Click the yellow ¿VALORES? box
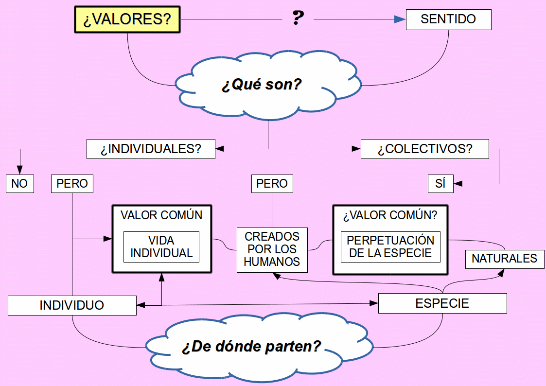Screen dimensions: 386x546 [127, 20]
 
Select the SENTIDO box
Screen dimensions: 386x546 [448, 19]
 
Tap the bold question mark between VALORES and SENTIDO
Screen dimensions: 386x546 [298, 18]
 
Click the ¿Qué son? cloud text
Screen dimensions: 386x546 [262, 84]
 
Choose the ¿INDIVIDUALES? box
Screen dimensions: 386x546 [151, 149]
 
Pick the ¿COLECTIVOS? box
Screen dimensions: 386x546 [424, 149]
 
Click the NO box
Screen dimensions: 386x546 [20, 184]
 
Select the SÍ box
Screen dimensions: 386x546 [440, 184]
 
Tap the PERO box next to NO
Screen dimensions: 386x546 [72, 184]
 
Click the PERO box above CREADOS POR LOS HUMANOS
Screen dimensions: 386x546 [272, 184]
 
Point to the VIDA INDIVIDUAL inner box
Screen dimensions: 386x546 [161, 247]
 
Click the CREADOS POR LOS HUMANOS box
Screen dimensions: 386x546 [272, 249]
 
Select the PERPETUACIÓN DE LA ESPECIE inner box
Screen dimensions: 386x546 [390, 247]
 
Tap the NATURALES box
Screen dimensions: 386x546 [504, 259]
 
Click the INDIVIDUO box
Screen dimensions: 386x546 [72, 305]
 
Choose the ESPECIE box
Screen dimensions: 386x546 [442, 303]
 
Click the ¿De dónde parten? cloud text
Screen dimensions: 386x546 [251, 347]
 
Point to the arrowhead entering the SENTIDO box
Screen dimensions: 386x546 [400, 19]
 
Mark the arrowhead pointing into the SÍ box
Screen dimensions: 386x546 [458, 184]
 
